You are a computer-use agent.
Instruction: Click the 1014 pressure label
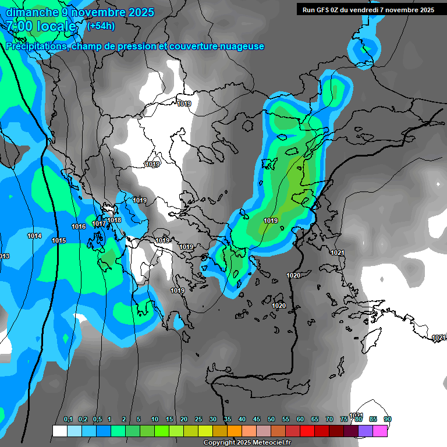coord(34,236)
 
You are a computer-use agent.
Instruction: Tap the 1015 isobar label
coord(59,240)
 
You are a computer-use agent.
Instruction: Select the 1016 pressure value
coord(79,226)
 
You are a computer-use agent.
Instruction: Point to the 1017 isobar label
coord(99,223)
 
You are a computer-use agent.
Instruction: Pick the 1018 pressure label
coord(114,220)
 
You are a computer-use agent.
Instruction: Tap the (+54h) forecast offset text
coord(101,26)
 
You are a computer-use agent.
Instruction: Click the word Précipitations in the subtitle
coord(36,46)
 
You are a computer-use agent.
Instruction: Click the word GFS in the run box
coord(325,10)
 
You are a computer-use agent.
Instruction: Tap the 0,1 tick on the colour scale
coord(68,420)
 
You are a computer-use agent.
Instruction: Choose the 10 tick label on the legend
coord(154,420)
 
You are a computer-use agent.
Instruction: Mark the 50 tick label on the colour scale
coord(271,420)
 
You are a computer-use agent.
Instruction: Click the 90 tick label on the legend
coord(388,420)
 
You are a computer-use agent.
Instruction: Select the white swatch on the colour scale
coord(59,431)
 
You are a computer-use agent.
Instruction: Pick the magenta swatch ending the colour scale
coord(380,431)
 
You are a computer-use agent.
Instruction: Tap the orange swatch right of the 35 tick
coord(235,431)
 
